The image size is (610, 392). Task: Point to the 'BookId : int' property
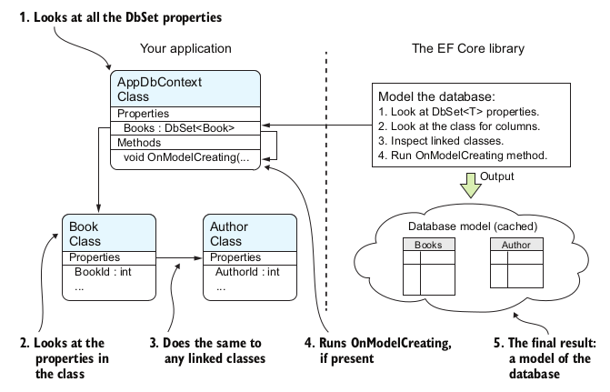(103, 271)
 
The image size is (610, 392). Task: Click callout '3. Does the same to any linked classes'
(212, 350)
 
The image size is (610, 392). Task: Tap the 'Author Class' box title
(229, 233)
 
